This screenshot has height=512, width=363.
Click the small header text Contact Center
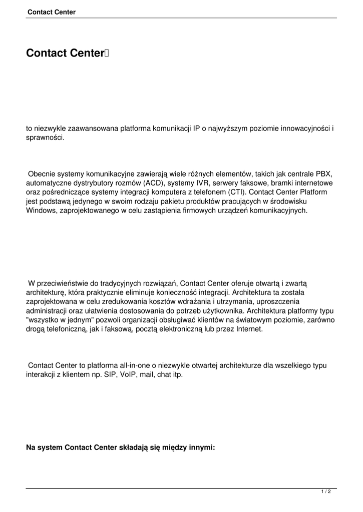pyautogui.click(x=52, y=12)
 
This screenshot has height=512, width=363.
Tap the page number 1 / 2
pyautogui.click(x=326, y=492)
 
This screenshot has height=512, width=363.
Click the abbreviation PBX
pyautogui.click(x=324, y=174)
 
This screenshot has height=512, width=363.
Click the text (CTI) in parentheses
pyautogui.click(x=237, y=192)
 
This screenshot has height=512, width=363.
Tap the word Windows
pyautogui.click(x=41, y=210)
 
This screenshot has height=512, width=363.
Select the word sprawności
pyautogui.click(x=45, y=137)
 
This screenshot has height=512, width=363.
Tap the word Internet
pyautogui.click(x=248, y=329)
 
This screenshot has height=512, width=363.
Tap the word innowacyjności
pyautogui.click(x=303, y=128)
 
